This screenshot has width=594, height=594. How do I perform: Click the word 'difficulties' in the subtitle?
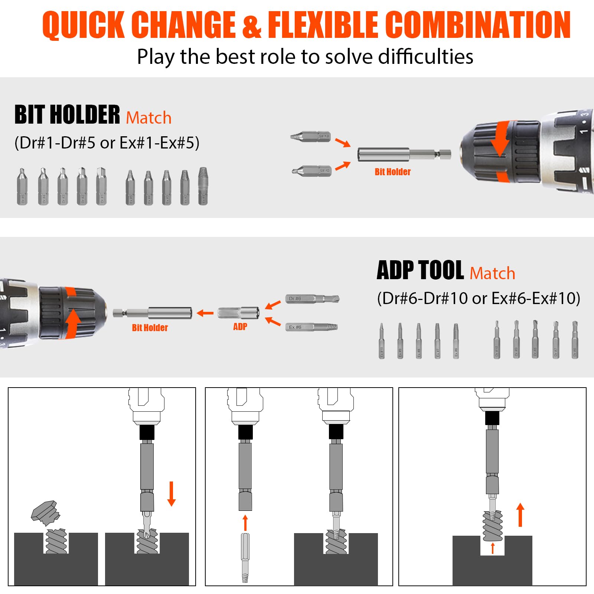(425, 57)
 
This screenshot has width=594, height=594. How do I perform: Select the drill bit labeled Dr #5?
(22, 187)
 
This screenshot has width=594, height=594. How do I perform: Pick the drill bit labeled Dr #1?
(101, 187)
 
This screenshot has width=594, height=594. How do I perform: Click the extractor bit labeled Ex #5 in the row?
(130, 187)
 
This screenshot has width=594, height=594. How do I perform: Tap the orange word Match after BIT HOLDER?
(148, 118)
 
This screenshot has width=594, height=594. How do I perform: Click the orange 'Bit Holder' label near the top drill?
(392, 172)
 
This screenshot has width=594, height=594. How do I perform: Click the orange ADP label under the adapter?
(240, 327)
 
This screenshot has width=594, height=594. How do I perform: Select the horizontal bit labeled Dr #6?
(312, 298)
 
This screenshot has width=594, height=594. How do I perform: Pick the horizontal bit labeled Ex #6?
(311, 327)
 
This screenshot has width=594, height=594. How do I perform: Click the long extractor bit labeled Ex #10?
(382, 341)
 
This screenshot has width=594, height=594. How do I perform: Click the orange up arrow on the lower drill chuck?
(73, 321)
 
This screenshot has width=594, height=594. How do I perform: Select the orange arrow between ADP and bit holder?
(205, 313)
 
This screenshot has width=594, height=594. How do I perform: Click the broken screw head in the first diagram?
(46, 513)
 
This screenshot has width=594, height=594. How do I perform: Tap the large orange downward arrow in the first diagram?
(171, 493)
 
